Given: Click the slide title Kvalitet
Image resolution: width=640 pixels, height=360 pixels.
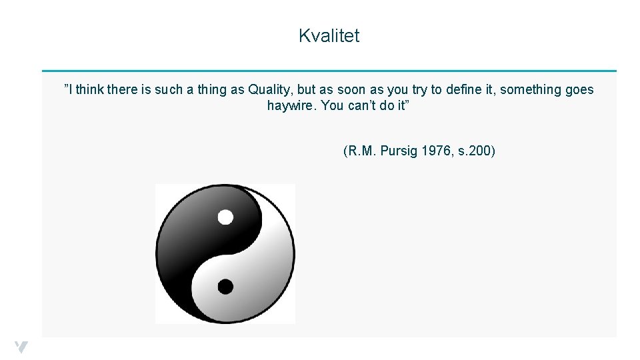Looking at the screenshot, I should tap(329, 36).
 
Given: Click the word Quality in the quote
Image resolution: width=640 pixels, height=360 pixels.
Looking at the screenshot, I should tap(268, 89).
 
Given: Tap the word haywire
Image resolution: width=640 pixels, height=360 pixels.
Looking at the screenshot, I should tap(291, 106).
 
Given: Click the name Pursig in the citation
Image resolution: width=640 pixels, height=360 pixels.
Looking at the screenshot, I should tap(399, 151).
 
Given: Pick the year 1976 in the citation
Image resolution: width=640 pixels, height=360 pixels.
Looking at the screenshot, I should tap(436, 151).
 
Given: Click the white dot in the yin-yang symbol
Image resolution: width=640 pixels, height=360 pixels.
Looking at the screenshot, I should tap(225, 217).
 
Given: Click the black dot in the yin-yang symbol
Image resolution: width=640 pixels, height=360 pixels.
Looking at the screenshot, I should tap(225, 287).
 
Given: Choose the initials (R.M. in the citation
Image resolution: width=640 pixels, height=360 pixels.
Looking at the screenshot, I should tap(360, 151).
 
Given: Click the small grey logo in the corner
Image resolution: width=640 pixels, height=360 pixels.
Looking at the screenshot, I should tap(21, 347).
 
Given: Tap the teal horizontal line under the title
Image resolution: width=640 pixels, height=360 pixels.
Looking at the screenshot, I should tap(329, 71).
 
